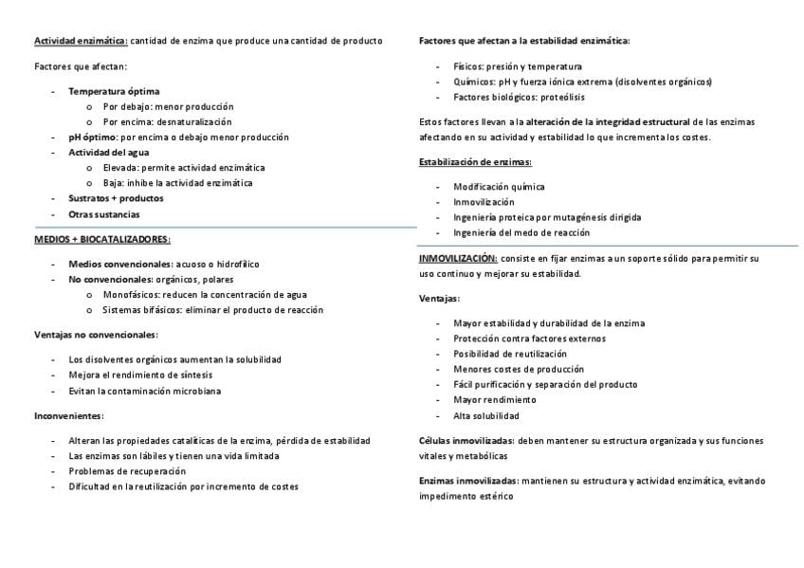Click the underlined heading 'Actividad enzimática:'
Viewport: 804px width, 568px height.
tap(81, 41)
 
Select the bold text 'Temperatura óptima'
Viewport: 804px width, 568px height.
tap(106, 91)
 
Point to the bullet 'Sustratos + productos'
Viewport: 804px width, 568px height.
tap(116, 199)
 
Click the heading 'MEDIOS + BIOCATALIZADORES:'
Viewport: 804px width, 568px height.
tap(102, 240)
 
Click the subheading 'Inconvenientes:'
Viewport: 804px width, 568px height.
tap(69, 416)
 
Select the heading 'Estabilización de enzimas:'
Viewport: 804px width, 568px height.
tap(475, 162)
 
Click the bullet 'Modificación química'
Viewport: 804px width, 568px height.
tap(499, 187)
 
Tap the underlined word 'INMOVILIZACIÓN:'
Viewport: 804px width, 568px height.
tap(458, 259)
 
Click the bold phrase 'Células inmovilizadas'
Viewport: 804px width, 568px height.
tap(466, 441)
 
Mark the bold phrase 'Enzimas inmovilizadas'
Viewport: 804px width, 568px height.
tap(468, 482)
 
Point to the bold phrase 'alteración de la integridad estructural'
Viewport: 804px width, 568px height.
tap(608, 122)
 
